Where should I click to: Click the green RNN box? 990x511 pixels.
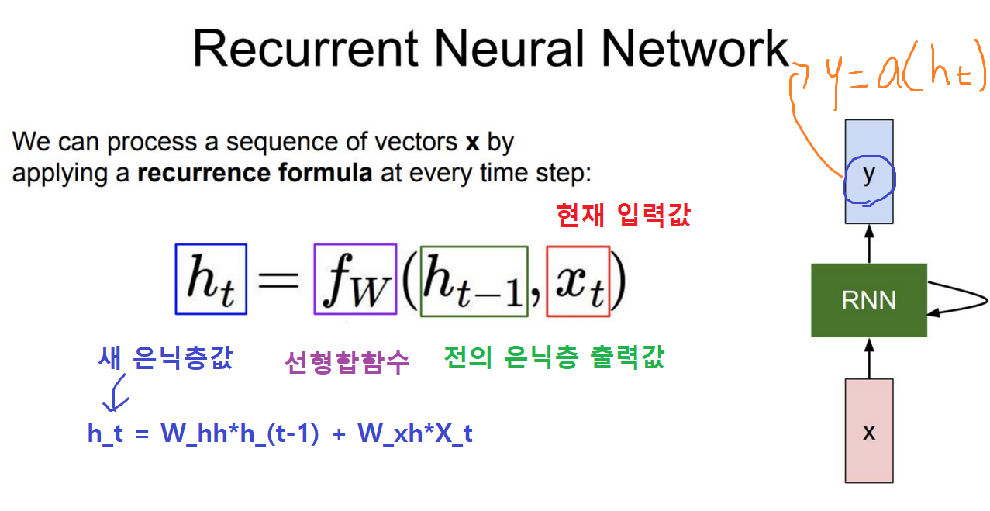pyautogui.click(x=868, y=300)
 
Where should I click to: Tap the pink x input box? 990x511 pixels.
pyautogui.click(x=868, y=431)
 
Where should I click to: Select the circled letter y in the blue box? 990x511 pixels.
pyautogui.click(x=868, y=176)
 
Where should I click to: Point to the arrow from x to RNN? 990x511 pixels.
pyautogui.click(x=868, y=357)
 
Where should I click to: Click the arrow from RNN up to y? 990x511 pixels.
pyautogui.click(x=868, y=244)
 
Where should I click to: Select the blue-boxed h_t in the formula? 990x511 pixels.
pyautogui.click(x=211, y=280)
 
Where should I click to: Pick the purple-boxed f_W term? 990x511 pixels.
pyautogui.click(x=355, y=280)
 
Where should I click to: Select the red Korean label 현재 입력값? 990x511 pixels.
pyautogui.click(x=623, y=216)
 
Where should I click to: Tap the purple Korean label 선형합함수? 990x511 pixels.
pyautogui.click(x=347, y=361)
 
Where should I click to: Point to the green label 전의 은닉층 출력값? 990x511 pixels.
pyautogui.click(x=554, y=357)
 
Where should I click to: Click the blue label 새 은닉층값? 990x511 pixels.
pyautogui.click(x=165, y=358)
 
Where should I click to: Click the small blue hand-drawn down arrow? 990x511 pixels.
pyautogui.click(x=117, y=394)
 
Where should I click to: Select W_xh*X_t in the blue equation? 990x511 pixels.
pyautogui.click(x=415, y=434)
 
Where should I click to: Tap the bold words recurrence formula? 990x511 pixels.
pyautogui.click(x=255, y=173)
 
